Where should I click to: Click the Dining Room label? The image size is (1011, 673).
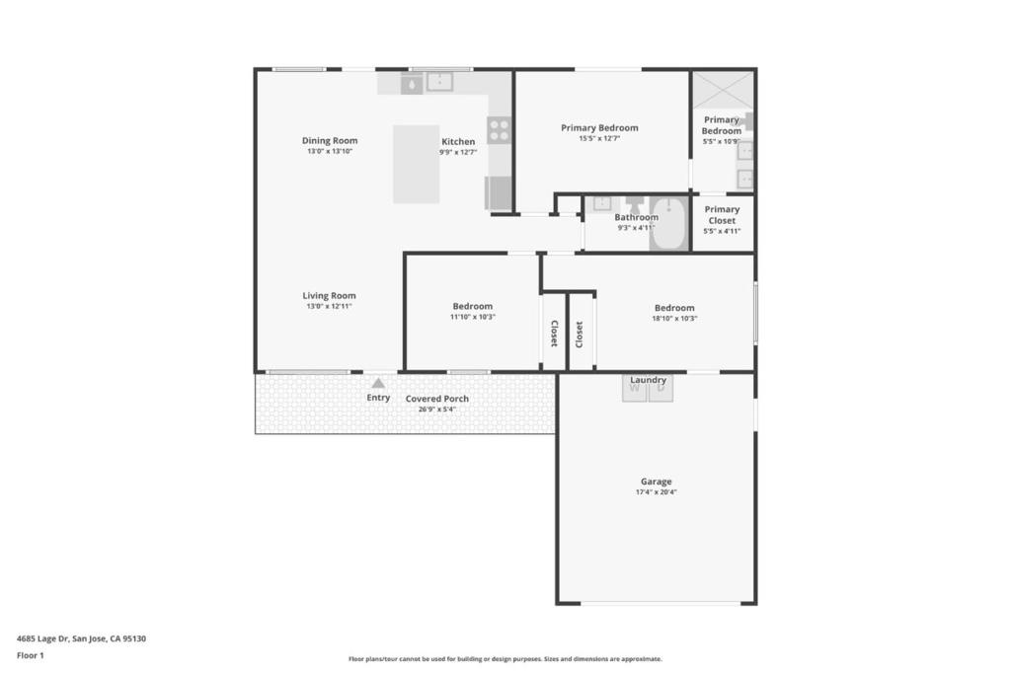click(x=330, y=140)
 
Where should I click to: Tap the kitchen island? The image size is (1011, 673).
click(x=416, y=165)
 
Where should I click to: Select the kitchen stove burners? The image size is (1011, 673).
click(x=499, y=129)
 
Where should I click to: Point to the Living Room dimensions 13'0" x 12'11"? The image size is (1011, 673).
click(x=329, y=306)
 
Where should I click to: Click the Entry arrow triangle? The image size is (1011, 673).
click(x=378, y=384)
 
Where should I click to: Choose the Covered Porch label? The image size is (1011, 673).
click(x=437, y=399)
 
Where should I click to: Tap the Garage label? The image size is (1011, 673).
click(x=657, y=482)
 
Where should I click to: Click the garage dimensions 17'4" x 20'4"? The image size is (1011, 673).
click(x=657, y=491)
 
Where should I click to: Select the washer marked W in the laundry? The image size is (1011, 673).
click(x=635, y=389)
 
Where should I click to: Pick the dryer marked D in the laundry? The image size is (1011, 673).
click(x=661, y=389)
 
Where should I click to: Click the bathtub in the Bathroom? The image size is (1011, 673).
click(x=668, y=223)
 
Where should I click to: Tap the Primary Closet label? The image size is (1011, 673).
click(x=722, y=215)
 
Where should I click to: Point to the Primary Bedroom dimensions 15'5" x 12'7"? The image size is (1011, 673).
click(x=599, y=138)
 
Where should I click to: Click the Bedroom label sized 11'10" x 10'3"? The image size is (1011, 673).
click(x=473, y=306)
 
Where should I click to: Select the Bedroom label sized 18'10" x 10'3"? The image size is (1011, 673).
click(x=674, y=308)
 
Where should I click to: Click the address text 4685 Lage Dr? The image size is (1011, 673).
click(x=42, y=638)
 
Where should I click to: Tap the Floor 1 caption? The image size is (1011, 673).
click(x=31, y=655)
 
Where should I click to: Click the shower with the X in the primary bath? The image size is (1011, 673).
click(x=723, y=90)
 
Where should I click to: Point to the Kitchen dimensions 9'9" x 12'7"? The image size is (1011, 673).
click(x=458, y=152)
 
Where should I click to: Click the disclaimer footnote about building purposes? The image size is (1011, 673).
click(x=505, y=659)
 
